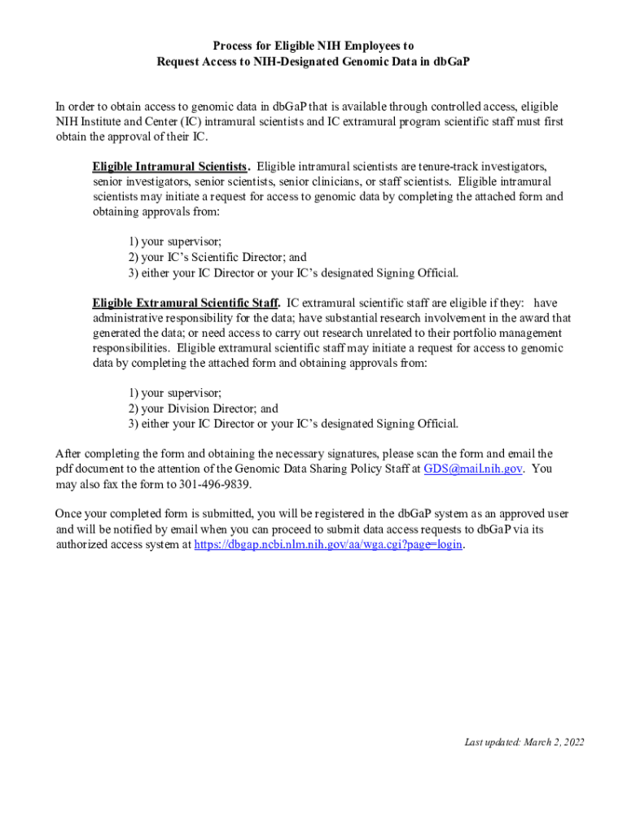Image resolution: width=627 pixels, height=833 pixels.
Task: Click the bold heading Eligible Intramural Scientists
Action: click(170, 167)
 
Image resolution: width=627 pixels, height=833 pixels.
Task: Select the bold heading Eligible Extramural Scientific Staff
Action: click(186, 303)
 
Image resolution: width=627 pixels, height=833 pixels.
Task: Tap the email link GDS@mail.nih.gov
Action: click(473, 469)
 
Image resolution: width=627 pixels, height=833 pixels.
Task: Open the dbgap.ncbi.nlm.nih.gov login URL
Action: click(329, 544)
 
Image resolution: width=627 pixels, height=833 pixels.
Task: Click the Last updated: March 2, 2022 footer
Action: click(524, 742)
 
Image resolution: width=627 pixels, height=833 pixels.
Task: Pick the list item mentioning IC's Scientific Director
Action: click(217, 257)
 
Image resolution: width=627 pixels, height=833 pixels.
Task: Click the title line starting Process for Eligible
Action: click(313, 46)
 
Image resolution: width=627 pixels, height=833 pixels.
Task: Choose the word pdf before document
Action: click(64, 469)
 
